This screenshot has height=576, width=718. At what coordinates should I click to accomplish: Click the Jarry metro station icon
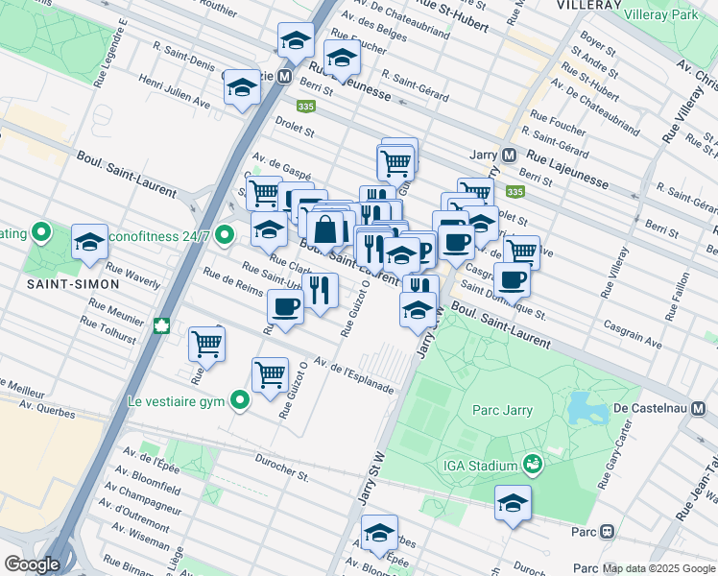[509, 155]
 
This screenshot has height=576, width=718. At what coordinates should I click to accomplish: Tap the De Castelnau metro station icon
[699, 408]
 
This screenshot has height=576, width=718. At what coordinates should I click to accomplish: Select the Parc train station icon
[607, 532]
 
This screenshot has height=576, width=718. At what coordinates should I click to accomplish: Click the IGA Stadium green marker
[532, 466]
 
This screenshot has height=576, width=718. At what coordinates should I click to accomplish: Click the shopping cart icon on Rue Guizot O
[270, 373]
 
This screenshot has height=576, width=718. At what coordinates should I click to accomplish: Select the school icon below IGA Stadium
[513, 503]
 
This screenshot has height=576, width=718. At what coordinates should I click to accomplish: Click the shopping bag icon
[326, 229]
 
